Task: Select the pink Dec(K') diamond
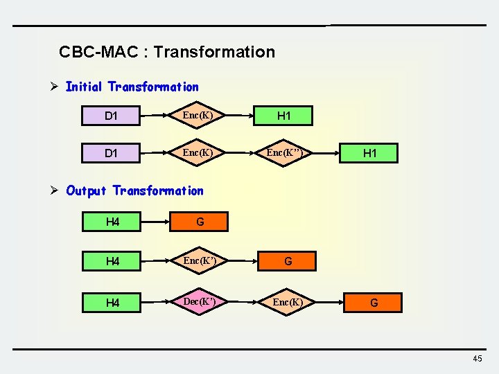200,303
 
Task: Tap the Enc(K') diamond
200,261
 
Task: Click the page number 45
477,358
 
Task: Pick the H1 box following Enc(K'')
370,153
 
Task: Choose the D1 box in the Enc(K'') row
111,153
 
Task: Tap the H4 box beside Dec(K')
113,303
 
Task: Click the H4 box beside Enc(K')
113,261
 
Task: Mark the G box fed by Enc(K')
288,261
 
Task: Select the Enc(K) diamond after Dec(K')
288,303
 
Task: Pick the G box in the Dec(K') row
374,303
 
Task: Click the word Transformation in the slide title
214,52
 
